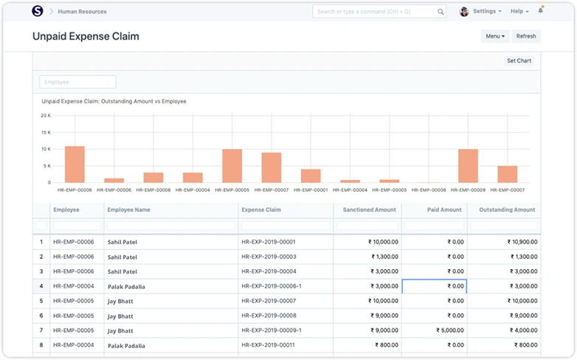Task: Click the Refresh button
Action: tap(525, 36)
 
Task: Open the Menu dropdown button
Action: tap(495, 36)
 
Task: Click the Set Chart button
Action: tap(519, 60)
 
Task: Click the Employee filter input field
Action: tap(77, 82)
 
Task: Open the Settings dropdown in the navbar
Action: tap(486, 12)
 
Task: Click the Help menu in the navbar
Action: tap(519, 12)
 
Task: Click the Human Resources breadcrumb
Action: tap(82, 12)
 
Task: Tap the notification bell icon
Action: tap(540, 11)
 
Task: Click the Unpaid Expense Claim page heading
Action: tap(86, 36)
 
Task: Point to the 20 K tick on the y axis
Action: tap(45, 116)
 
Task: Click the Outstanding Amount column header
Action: tap(507, 210)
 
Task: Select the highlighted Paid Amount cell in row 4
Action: tap(434, 286)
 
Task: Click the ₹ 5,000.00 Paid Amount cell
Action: tap(434, 330)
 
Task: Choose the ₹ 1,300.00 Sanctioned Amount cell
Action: tap(367, 257)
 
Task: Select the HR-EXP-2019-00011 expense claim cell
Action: tap(268, 345)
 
